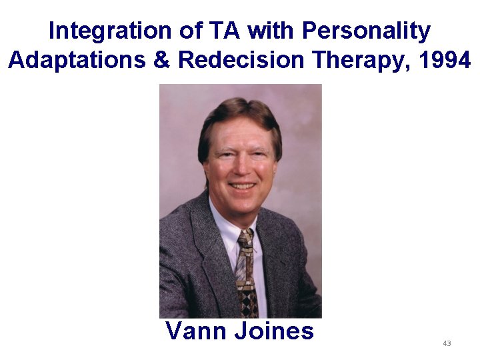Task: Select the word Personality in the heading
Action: (366, 31)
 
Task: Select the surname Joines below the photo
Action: (273, 331)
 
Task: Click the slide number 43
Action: (447, 343)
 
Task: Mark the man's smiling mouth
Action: (241, 185)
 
